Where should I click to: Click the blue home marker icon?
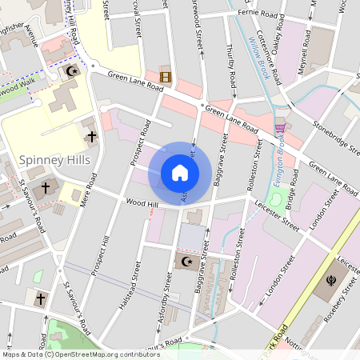coord(180,173)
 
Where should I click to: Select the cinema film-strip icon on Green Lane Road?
coord(166,77)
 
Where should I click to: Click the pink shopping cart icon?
coord(280,127)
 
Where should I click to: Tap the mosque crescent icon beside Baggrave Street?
coord(186,262)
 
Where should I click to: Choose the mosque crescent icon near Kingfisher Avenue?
coord(71,72)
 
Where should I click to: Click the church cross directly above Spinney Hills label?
coord(91,138)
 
